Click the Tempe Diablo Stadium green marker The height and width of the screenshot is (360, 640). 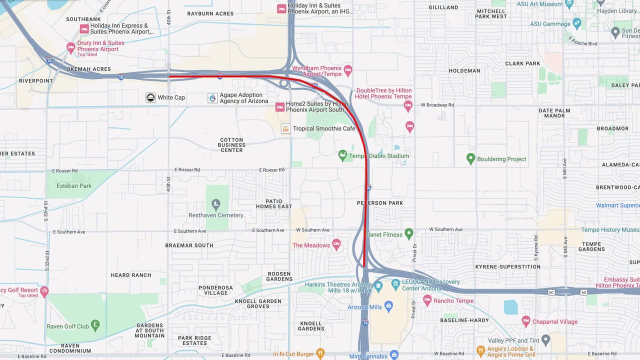(342, 155)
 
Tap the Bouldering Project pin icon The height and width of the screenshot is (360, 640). (470, 159)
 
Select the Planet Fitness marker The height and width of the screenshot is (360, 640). (409, 233)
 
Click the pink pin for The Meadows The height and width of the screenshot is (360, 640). (336, 244)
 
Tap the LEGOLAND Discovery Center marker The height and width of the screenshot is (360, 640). (395, 284)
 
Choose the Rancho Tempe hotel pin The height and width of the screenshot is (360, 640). (427, 300)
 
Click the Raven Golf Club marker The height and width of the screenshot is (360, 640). (95, 325)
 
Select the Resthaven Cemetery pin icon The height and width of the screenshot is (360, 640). (216, 204)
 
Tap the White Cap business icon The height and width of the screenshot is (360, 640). (150, 97)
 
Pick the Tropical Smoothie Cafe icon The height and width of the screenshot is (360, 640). (285, 128)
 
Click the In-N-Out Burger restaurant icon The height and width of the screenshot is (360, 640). (320, 354)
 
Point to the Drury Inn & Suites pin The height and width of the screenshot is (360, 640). (71, 47)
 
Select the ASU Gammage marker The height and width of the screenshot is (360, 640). (577, 23)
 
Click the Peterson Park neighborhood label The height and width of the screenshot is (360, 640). (380, 203)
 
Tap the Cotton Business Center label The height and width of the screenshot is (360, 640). (231, 145)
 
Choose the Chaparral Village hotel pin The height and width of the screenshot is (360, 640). (525, 321)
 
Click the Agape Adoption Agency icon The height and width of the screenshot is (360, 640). (212, 98)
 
